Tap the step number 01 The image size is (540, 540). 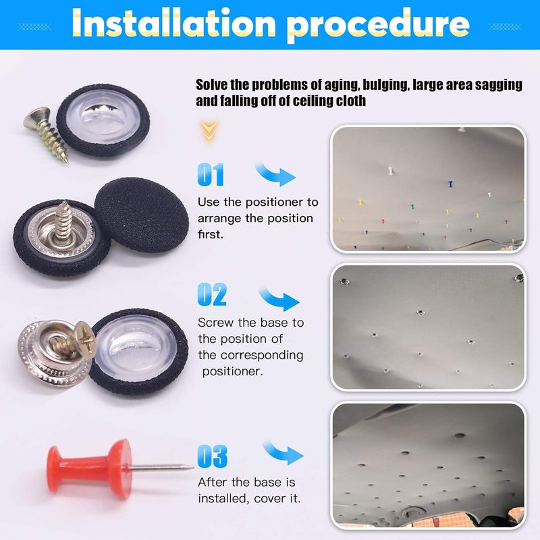click(x=211, y=175)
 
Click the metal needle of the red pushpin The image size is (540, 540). click(x=162, y=466)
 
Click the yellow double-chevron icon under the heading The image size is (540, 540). click(x=208, y=130)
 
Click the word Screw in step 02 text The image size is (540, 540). click(x=215, y=323)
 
